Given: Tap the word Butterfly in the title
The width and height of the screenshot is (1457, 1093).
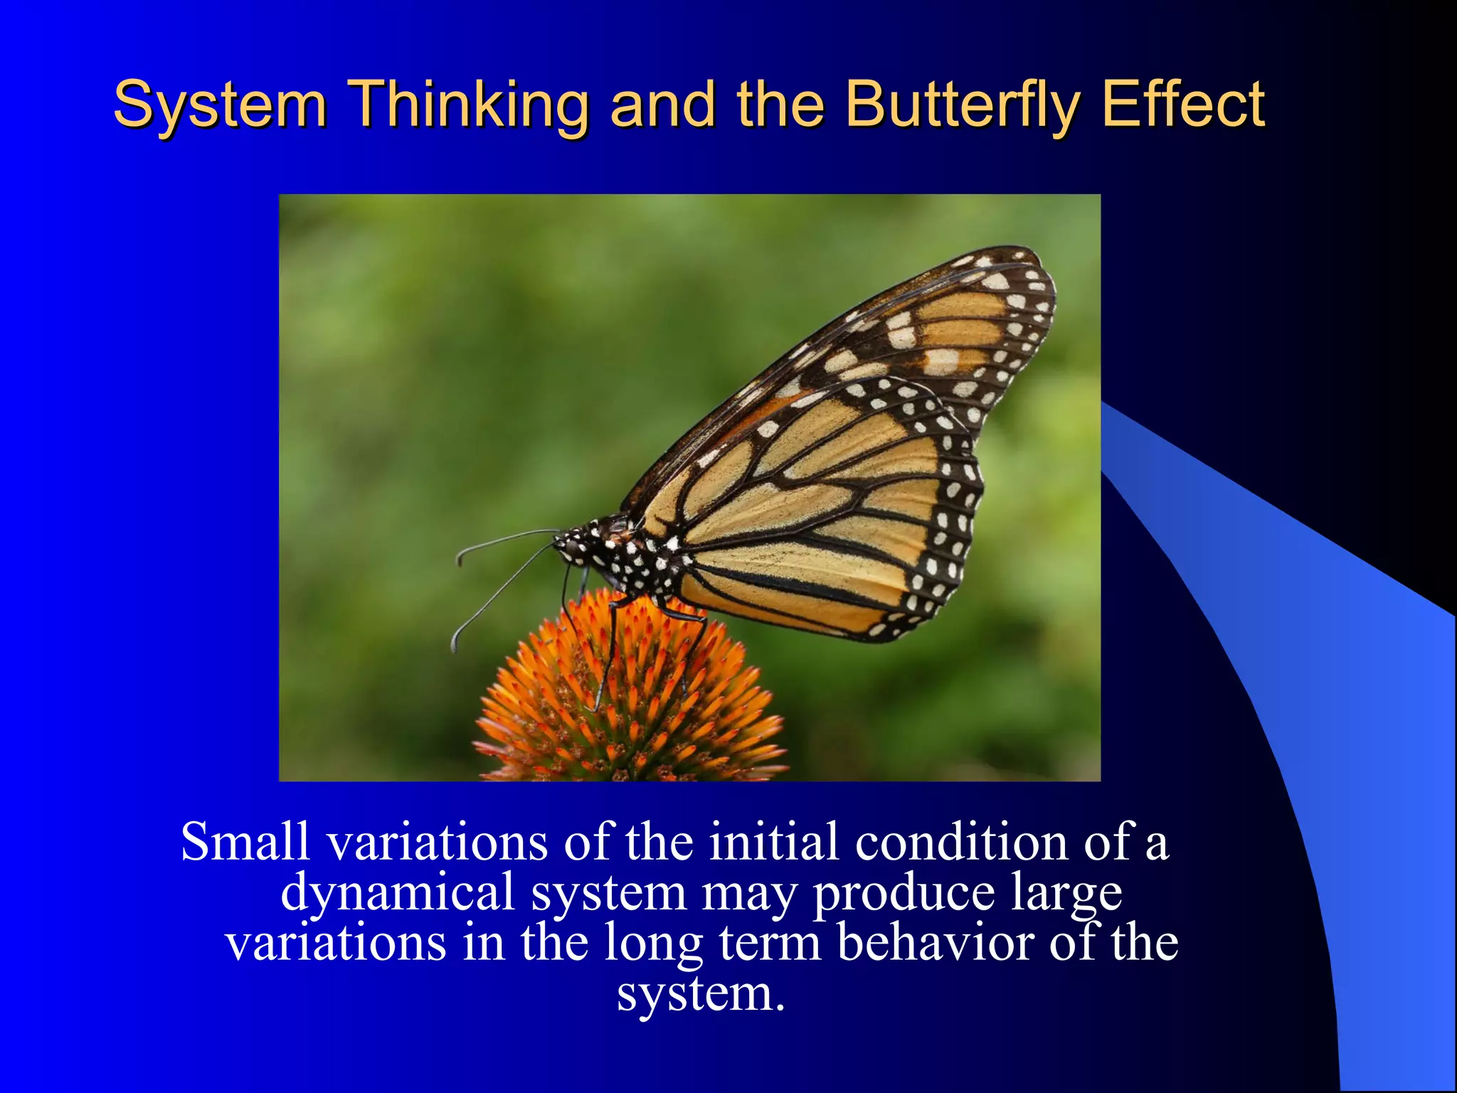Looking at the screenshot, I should point(963,105).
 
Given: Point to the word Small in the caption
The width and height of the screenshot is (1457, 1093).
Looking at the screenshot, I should point(245,842).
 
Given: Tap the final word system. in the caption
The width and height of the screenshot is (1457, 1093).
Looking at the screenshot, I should point(701,994).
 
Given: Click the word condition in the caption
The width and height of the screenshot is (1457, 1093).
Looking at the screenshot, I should point(961,842).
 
